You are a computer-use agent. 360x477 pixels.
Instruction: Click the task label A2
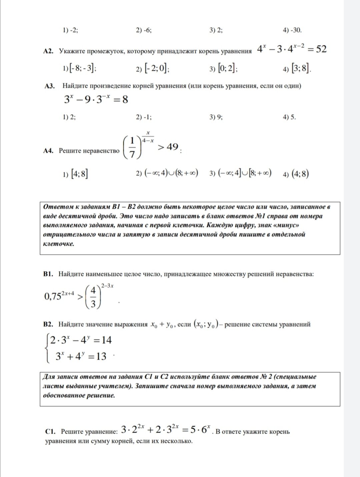point(49,51)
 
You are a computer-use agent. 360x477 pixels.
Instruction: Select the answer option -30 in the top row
point(296,30)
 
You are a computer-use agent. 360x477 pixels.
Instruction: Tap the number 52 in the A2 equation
point(321,49)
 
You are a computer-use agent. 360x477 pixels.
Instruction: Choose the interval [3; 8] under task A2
point(301,69)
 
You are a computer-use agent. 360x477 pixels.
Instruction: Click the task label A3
point(50,86)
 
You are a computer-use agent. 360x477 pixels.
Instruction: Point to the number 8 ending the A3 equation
point(125,99)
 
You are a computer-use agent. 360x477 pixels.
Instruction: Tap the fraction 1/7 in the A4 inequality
point(133,148)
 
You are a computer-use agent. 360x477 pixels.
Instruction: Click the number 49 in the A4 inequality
point(172,147)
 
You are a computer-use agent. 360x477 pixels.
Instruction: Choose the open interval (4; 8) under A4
point(300,174)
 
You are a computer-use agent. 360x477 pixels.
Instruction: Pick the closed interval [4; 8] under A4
point(80,174)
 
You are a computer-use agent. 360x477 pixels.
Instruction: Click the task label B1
point(49,274)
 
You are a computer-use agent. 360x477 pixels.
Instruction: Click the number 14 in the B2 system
point(106,340)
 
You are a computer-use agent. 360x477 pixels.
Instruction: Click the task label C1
point(50,432)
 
